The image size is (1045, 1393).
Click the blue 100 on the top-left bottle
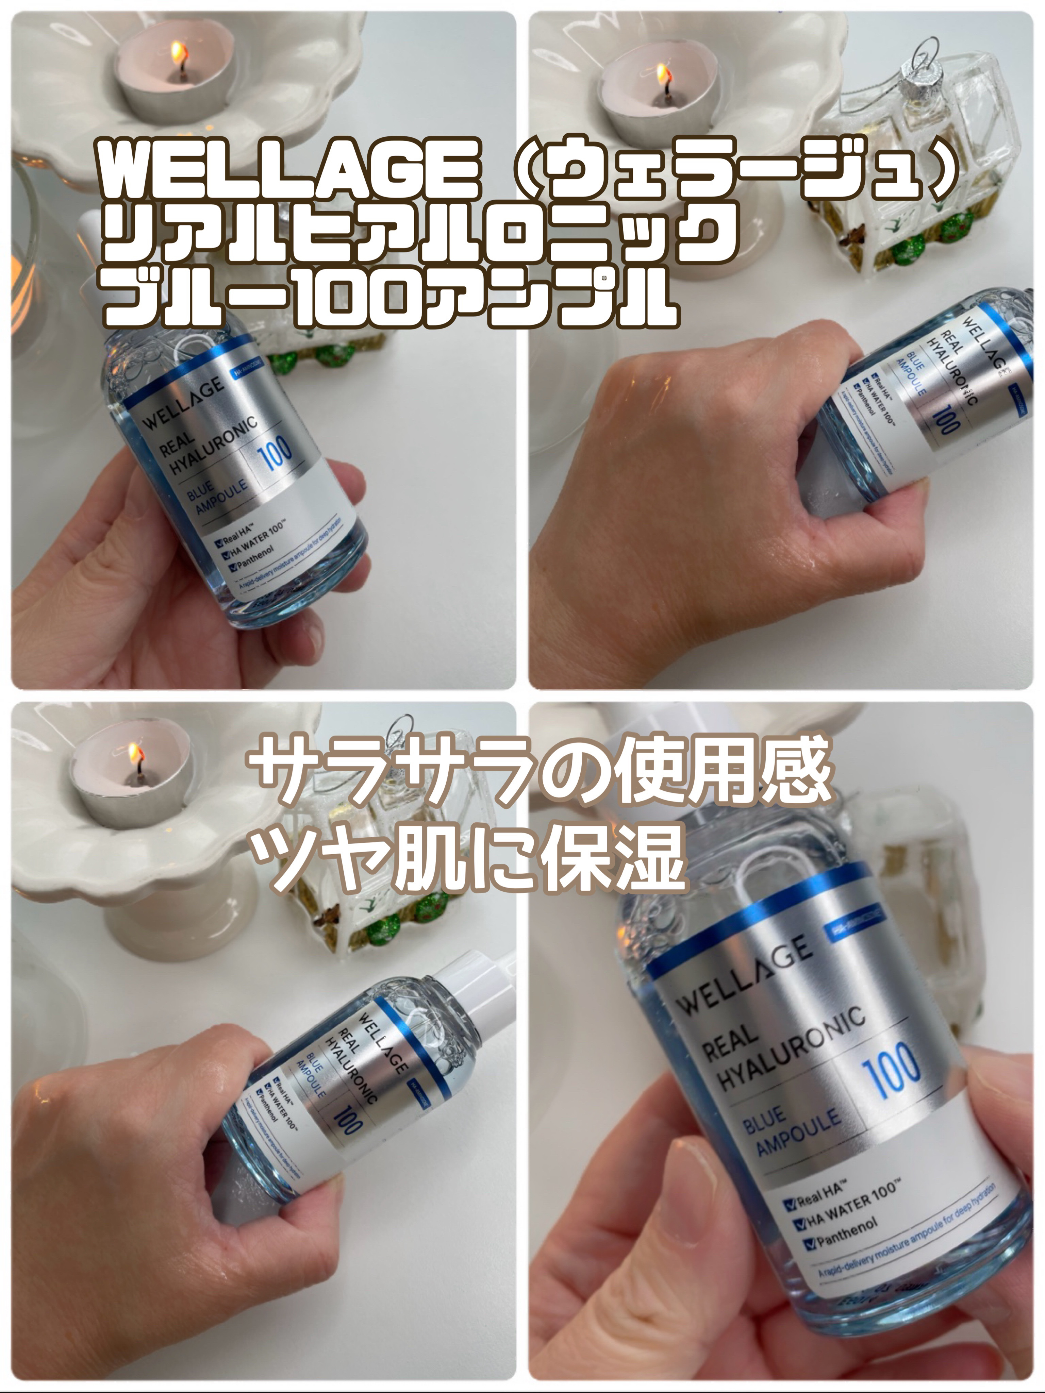click(275, 452)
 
